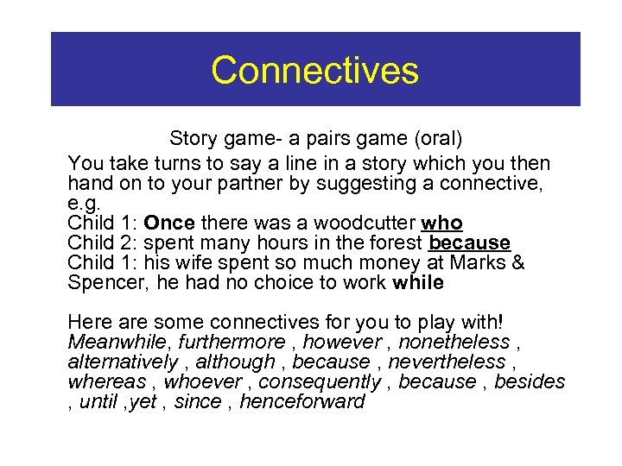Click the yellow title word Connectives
tap(314, 70)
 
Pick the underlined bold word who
tap(442, 223)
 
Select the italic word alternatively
tap(123, 362)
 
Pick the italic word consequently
tap(320, 382)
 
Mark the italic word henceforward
tap(302, 402)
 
